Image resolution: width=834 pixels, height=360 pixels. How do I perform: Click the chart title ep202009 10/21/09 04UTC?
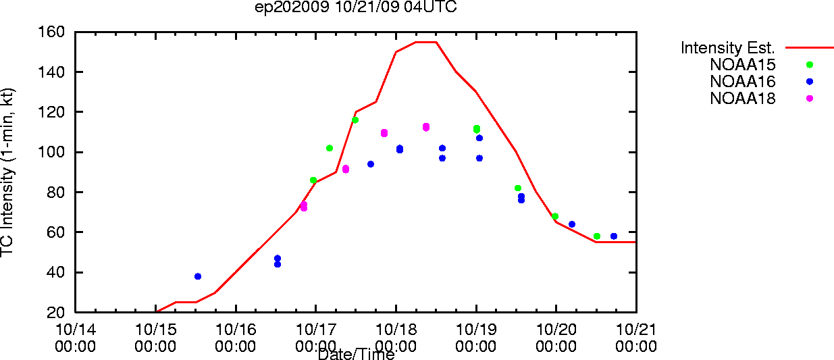(356, 7)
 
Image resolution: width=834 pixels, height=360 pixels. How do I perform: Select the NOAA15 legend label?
(743, 65)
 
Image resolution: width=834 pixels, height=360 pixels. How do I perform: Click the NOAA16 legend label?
(743, 82)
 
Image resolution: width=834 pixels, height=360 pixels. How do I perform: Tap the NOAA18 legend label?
(743, 99)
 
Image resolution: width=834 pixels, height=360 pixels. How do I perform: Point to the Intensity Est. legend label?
(728, 48)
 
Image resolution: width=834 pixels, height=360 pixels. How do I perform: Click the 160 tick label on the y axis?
(51, 32)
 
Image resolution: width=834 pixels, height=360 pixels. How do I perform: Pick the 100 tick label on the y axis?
(51, 152)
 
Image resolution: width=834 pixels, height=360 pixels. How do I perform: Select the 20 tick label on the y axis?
(56, 312)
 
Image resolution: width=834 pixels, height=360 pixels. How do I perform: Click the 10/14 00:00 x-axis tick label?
(76, 338)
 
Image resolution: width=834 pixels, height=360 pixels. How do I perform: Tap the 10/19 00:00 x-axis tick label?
(476, 338)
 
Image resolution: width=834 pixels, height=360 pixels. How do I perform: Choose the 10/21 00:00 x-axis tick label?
(636, 338)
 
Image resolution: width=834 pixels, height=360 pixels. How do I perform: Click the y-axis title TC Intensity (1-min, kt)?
(7, 172)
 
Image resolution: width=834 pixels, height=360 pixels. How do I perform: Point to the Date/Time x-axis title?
(356, 354)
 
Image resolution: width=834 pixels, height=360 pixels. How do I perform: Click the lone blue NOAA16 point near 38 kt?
(198, 276)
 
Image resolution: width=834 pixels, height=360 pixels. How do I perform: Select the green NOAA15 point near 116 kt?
(355, 120)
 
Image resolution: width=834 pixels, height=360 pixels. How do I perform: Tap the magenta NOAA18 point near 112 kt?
(426, 128)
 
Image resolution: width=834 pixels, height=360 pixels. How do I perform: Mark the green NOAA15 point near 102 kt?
(330, 148)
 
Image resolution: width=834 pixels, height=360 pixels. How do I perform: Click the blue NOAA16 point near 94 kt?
(371, 164)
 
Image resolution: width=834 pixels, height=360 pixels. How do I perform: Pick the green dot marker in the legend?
(810, 65)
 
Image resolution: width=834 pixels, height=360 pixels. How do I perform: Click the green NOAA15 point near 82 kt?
(518, 188)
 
